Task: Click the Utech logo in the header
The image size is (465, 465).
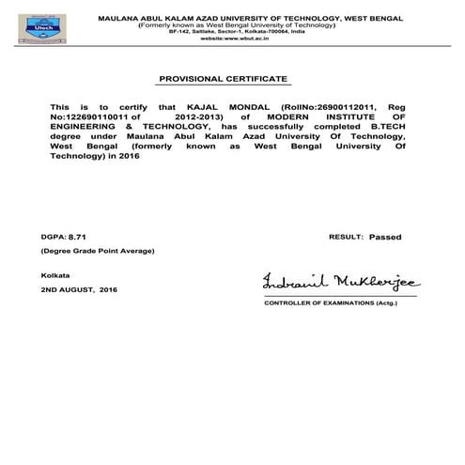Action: pyautogui.click(x=23, y=25)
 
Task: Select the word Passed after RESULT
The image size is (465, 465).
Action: pyautogui.click(x=384, y=239)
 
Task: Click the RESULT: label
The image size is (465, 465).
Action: pyautogui.click(x=346, y=239)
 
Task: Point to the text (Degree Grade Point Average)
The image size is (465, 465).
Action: pyautogui.click(x=97, y=252)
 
